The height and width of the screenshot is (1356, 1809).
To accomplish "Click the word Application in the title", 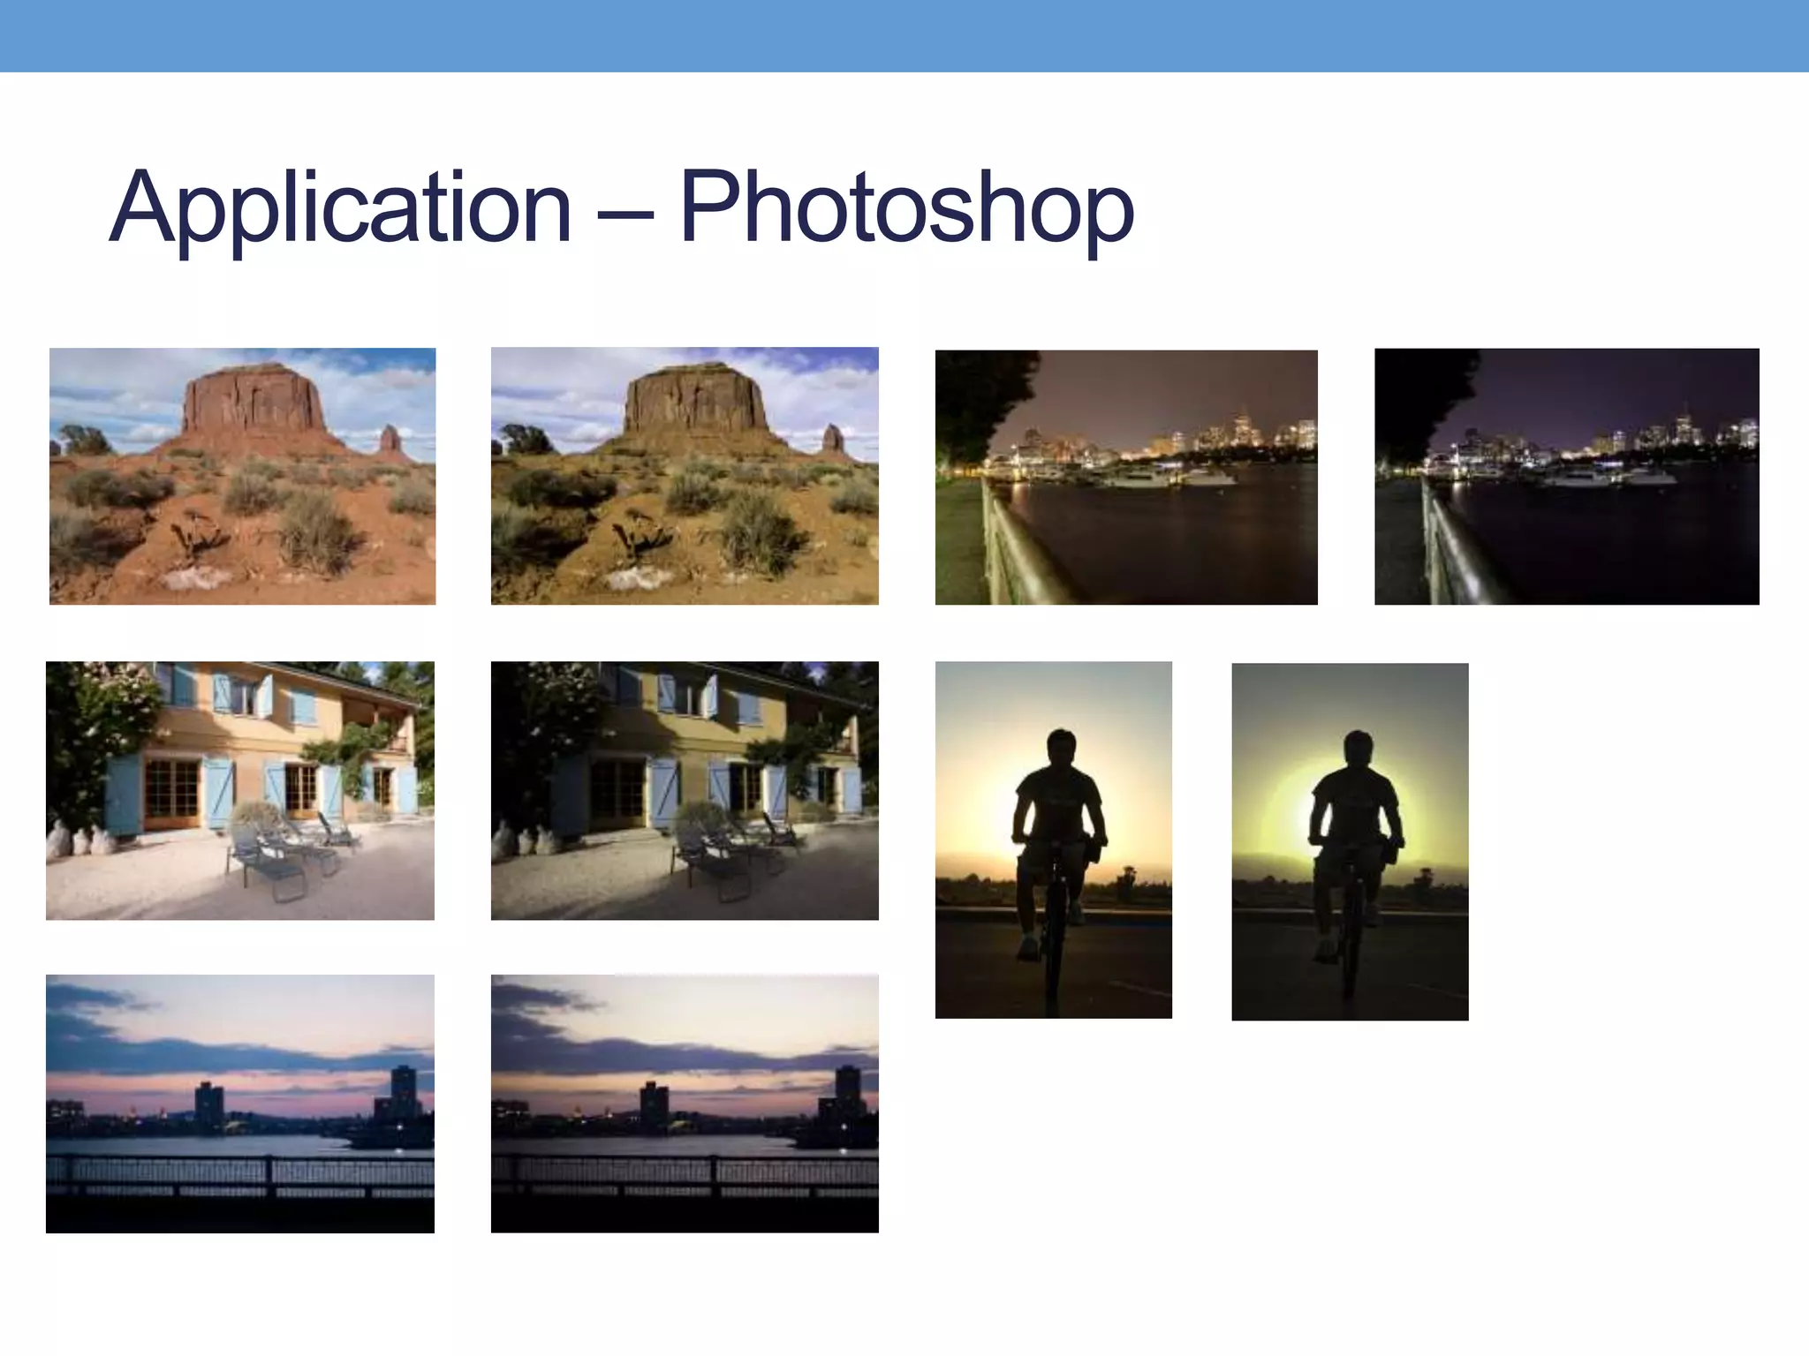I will pos(340,208).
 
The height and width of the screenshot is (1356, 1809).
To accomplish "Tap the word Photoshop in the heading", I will pos(906,208).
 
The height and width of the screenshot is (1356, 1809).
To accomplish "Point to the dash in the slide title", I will pos(624,212).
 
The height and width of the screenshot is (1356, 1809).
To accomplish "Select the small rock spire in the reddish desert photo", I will pos(390,439).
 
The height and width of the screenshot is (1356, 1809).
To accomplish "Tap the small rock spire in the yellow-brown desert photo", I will pos(831,439).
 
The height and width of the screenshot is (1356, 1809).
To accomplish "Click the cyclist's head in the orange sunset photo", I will pos(1061,749).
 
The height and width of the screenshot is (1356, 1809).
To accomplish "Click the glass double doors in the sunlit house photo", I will pos(171,790).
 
